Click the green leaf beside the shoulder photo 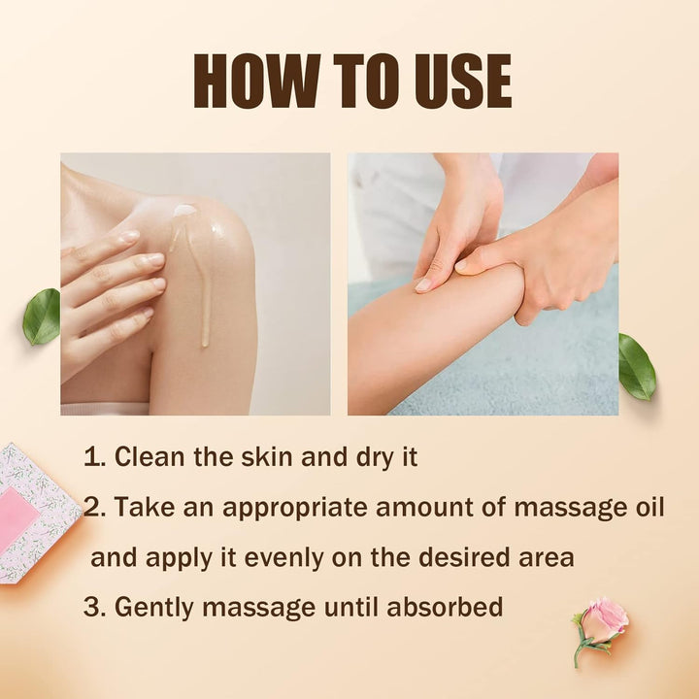pyautogui.click(x=42, y=316)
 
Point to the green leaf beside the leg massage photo pyautogui.click(x=637, y=366)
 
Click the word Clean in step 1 pyautogui.click(x=150, y=457)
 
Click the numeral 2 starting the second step pyautogui.click(x=92, y=507)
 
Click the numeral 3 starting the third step pyautogui.click(x=91, y=607)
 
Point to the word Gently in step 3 pyautogui.click(x=153, y=609)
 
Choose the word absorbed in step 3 pyautogui.click(x=445, y=606)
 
